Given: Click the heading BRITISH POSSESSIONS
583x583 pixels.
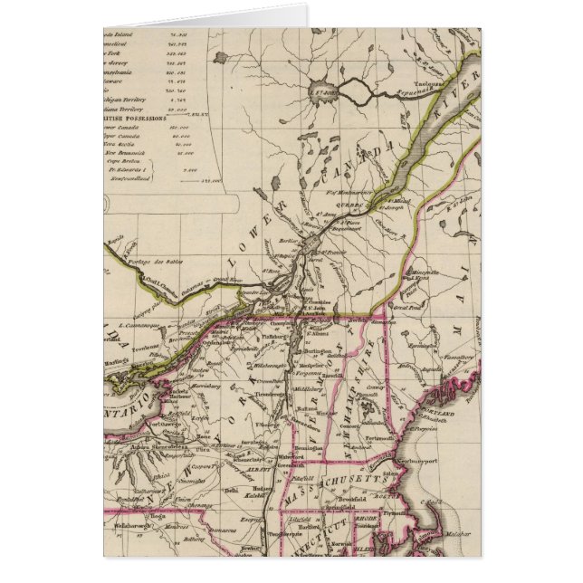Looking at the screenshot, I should (135, 117).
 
